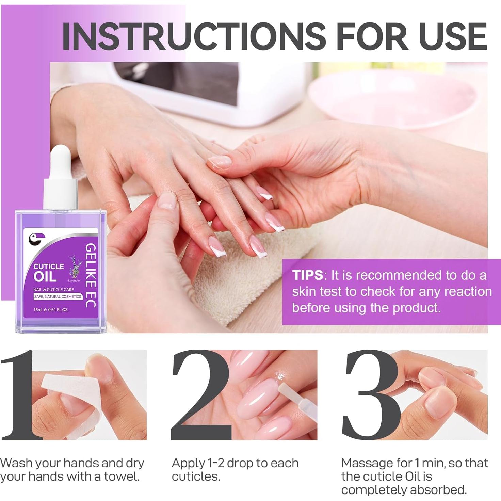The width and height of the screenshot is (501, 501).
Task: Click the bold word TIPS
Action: pyautogui.click(x=307, y=275)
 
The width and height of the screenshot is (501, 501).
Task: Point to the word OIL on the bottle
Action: pyautogui.click(x=45, y=277)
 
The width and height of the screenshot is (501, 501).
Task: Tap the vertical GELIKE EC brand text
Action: pyautogui.click(x=91, y=276)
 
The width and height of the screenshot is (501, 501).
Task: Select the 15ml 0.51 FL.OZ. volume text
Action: pyautogui.click(x=51, y=310)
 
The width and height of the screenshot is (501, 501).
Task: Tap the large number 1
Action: pyautogui.click(x=19, y=395)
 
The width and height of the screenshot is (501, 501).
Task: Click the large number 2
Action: pyautogui.click(x=201, y=395)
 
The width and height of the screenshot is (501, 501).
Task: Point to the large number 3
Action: pyautogui.click(x=371, y=395)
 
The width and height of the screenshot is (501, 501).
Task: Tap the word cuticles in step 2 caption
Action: pyautogui.click(x=195, y=476)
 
